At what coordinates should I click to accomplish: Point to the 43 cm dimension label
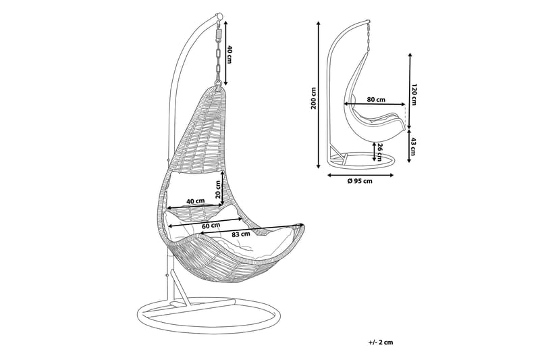pyautogui.click(x=415, y=145)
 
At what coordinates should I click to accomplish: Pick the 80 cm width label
pyautogui.click(x=376, y=99)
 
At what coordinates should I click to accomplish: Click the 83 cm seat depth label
pyautogui.click(x=242, y=234)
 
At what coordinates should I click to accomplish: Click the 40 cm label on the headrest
pyautogui.click(x=196, y=201)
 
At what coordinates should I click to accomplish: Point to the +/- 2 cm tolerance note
pyautogui.click(x=380, y=342)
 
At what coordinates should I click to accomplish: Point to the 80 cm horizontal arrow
pyautogui.click(x=375, y=105)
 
